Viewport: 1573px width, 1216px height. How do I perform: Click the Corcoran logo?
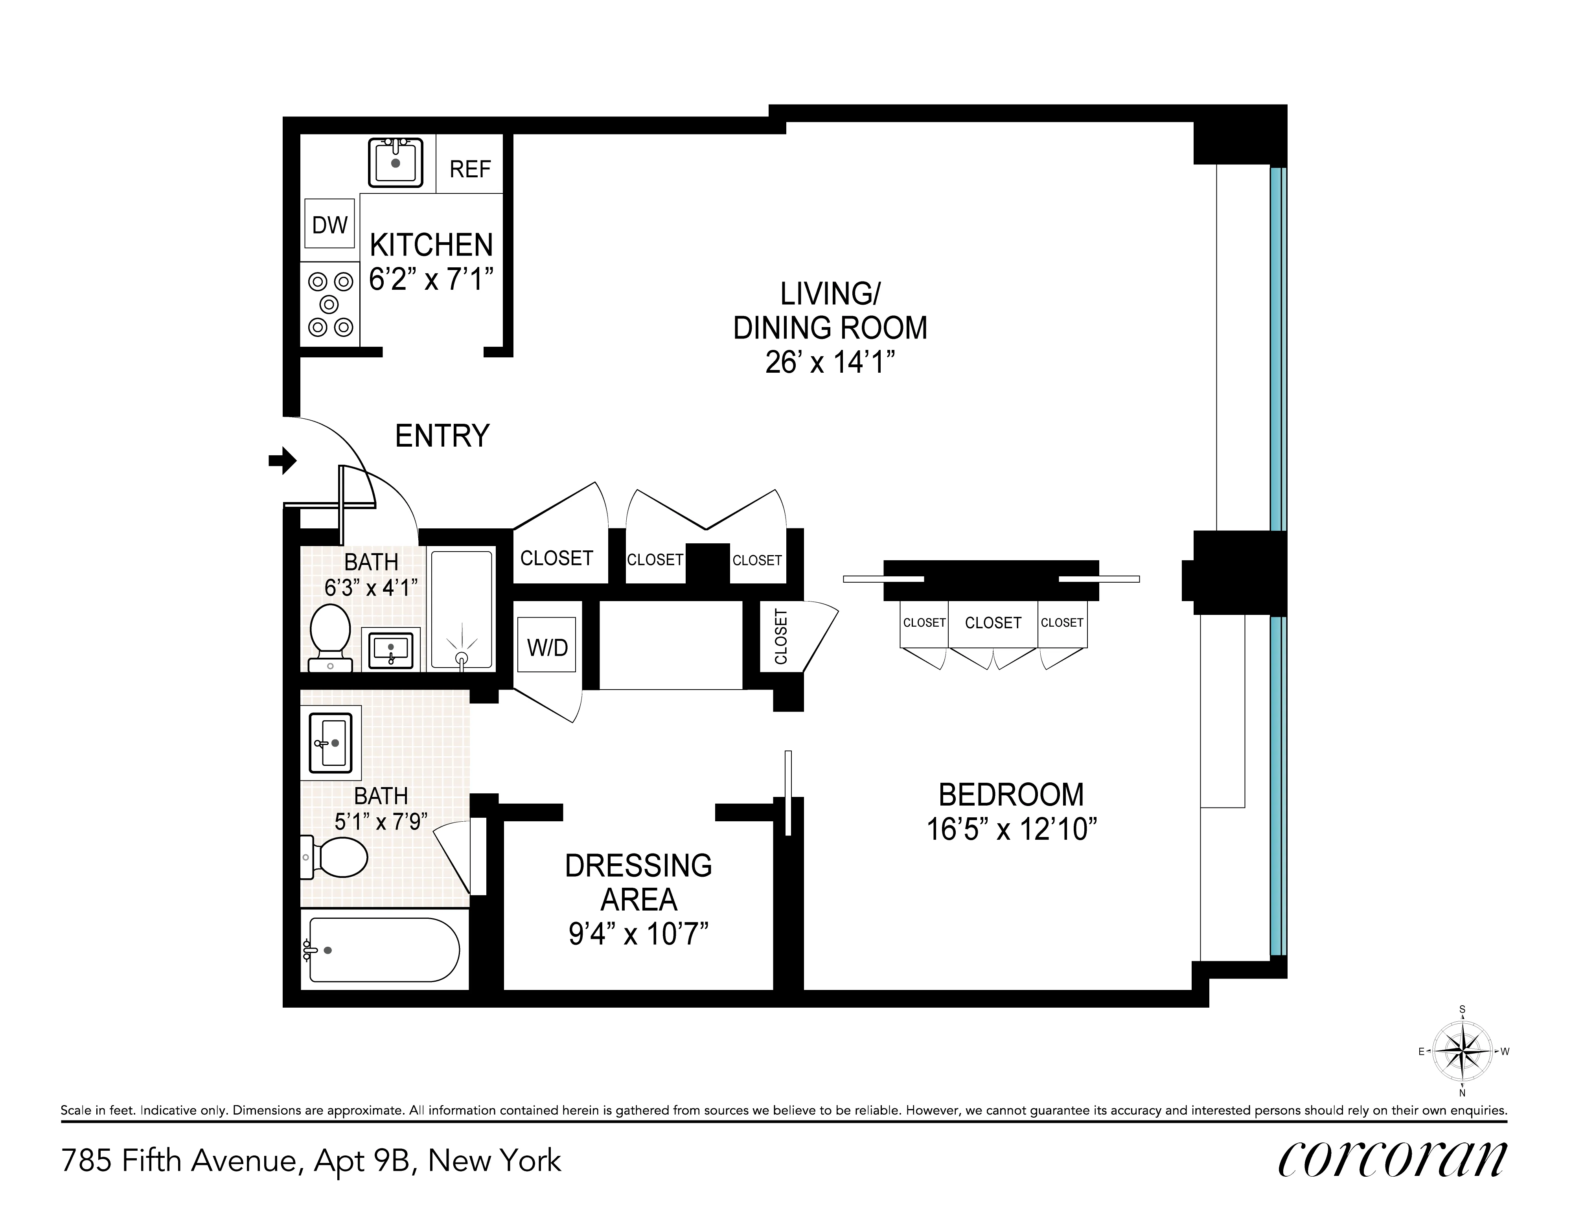[1391, 1160]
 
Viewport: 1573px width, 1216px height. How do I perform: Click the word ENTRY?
[442, 436]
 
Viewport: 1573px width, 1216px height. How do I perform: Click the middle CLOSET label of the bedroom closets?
[992, 622]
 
